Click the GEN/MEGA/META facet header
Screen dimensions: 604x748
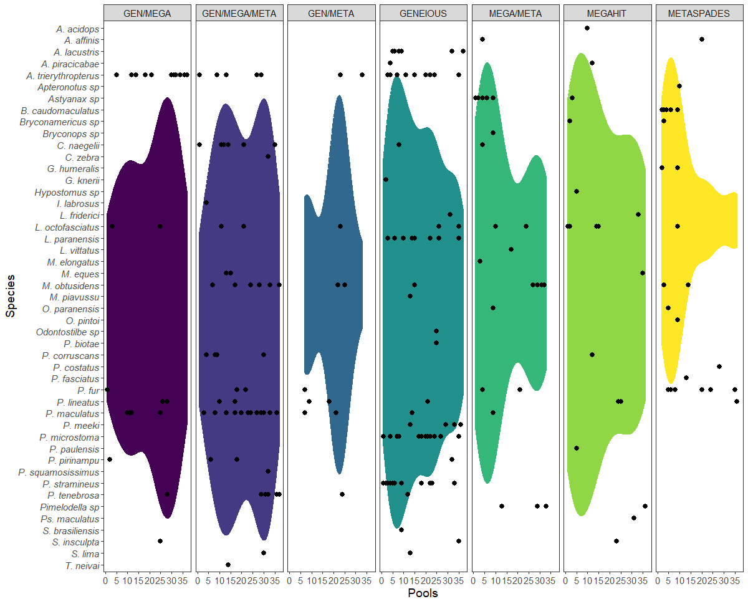pyautogui.click(x=239, y=13)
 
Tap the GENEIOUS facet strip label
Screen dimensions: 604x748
pyautogui.click(x=423, y=13)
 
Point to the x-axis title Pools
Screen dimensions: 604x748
pyautogui.click(x=423, y=593)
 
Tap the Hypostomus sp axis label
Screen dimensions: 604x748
pyautogui.click(x=67, y=192)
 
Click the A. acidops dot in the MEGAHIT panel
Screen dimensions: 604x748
pyautogui.click(x=587, y=28)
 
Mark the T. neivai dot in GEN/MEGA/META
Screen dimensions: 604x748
pyautogui.click(x=228, y=565)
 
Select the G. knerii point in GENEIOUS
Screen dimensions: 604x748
pyautogui.click(x=386, y=180)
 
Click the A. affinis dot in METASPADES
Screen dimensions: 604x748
pyautogui.click(x=702, y=39)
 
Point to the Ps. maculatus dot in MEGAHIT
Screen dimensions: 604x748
pyautogui.click(x=634, y=518)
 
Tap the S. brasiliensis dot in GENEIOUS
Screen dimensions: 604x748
pyautogui.click(x=401, y=530)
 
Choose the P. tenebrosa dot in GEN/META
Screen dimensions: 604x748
pyautogui.click(x=342, y=494)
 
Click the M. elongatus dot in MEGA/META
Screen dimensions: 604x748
pyautogui.click(x=480, y=261)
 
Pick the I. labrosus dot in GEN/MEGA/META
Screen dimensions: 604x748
pyautogui.click(x=206, y=203)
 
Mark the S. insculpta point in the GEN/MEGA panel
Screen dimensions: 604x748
pyautogui.click(x=160, y=541)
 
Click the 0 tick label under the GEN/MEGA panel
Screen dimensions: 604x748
pyautogui.click(x=105, y=581)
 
